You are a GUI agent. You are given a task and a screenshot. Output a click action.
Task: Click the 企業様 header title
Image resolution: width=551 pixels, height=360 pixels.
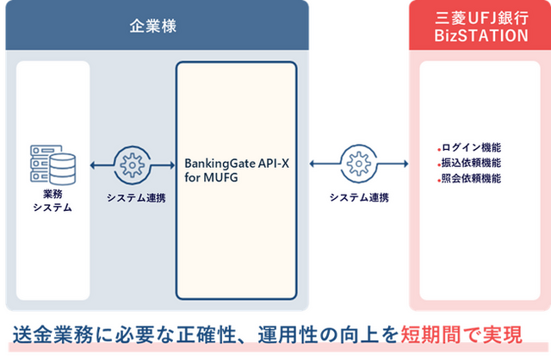coord(153,26)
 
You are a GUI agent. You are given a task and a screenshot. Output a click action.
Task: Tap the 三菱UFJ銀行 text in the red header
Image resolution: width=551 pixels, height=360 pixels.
coord(481,18)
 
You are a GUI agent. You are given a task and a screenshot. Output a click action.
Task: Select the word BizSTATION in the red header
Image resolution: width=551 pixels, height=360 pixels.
coord(481,35)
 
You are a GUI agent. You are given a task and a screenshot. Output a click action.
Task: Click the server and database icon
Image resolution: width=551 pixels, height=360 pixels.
coord(53,164)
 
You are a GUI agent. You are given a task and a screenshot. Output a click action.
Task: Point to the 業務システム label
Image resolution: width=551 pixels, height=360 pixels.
coord(53,201)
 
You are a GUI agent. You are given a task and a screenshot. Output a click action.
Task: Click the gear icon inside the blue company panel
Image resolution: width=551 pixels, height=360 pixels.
coord(132,164)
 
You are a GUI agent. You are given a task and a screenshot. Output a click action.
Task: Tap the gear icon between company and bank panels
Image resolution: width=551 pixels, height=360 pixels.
coord(358,164)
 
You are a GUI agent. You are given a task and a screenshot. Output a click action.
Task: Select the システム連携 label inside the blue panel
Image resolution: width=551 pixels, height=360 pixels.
coord(136,198)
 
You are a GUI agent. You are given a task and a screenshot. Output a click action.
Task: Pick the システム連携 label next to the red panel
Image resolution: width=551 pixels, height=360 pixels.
coord(359,197)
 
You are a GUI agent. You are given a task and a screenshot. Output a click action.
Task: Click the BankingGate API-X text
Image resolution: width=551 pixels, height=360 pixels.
coord(237,164)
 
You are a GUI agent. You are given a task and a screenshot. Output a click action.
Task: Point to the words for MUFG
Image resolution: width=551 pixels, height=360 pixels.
coord(211,177)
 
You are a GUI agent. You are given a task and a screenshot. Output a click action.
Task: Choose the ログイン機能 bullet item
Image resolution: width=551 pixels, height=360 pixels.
coord(470,147)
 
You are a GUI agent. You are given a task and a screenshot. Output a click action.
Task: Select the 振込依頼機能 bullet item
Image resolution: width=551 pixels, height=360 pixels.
coord(470,163)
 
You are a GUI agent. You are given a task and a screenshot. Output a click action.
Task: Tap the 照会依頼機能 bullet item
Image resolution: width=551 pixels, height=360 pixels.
coord(470,178)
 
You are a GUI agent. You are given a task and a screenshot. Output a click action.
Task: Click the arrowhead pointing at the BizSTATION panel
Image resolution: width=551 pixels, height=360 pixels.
coord(406,164)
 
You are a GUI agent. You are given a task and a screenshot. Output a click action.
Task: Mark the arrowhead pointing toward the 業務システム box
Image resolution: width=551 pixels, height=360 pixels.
coord(93,164)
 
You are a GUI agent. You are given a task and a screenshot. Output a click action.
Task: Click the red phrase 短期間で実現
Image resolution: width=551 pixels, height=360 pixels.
coord(461,334)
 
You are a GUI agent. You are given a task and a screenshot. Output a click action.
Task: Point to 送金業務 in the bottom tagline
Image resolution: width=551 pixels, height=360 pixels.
coord(53,334)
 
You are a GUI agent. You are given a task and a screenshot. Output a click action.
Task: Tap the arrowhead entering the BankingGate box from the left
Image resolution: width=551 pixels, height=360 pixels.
coord(172,164)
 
